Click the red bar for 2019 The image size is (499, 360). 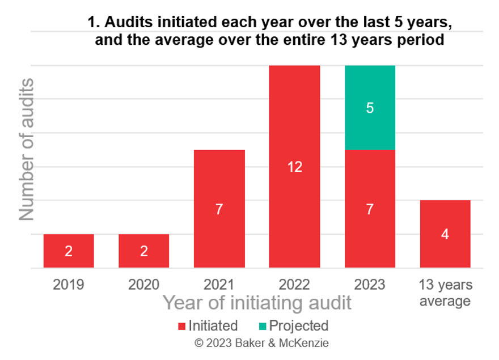(x=69, y=251)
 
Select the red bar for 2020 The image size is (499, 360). (x=144, y=251)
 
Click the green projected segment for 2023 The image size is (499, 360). (x=370, y=108)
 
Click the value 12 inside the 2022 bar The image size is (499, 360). (x=294, y=167)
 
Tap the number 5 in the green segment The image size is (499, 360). (x=370, y=108)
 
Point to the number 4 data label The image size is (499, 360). (x=445, y=234)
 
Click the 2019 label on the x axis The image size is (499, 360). (x=69, y=284)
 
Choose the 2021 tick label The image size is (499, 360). (x=219, y=284)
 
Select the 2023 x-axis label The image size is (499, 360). (x=370, y=284)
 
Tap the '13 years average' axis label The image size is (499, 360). (x=445, y=292)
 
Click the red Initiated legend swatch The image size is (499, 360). (x=181, y=326)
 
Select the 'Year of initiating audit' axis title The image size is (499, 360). (x=257, y=303)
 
